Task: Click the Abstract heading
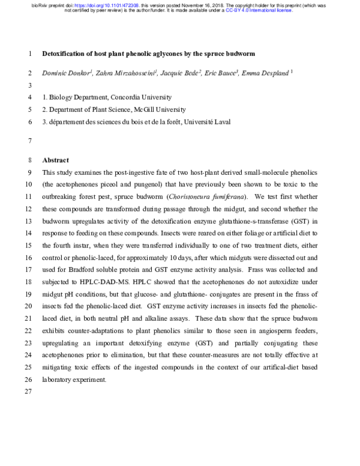coord(55,160)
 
